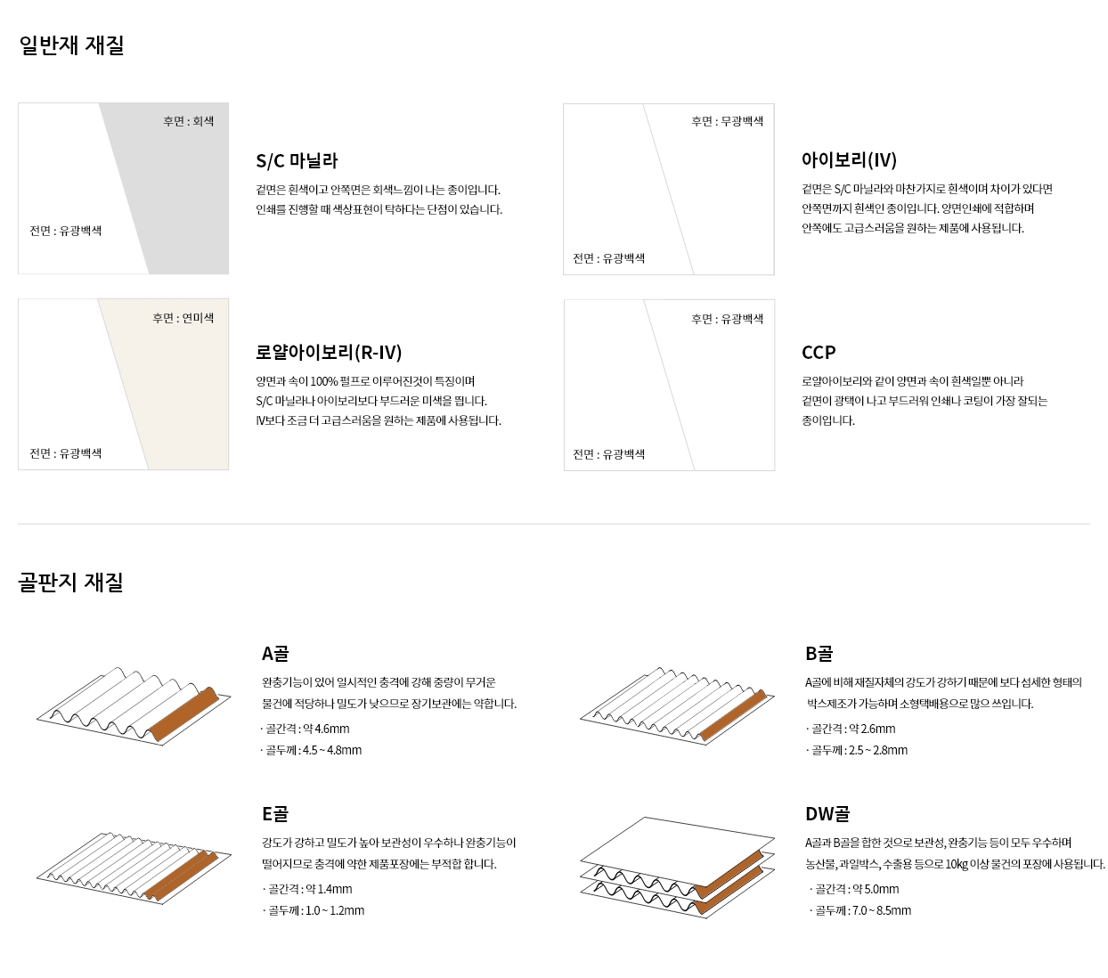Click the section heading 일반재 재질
click(71, 45)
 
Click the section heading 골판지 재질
click(70, 582)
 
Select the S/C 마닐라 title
click(297, 161)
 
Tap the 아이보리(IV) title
click(850, 159)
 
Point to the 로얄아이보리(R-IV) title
click(329, 352)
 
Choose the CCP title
click(819, 352)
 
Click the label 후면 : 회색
click(188, 121)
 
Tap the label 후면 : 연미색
click(183, 318)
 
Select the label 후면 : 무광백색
click(728, 121)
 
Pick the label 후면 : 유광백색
click(728, 319)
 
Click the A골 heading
click(275, 653)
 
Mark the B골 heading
click(819, 653)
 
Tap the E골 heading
click(274, 813)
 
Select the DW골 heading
click(827, 813)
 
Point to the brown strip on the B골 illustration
click(733, 716)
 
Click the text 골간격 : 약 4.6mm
click(306, 729)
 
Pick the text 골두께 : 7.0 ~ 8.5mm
click(860, 910)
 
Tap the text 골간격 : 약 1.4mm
click(307, 889)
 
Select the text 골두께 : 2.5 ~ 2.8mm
click(857, 750)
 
